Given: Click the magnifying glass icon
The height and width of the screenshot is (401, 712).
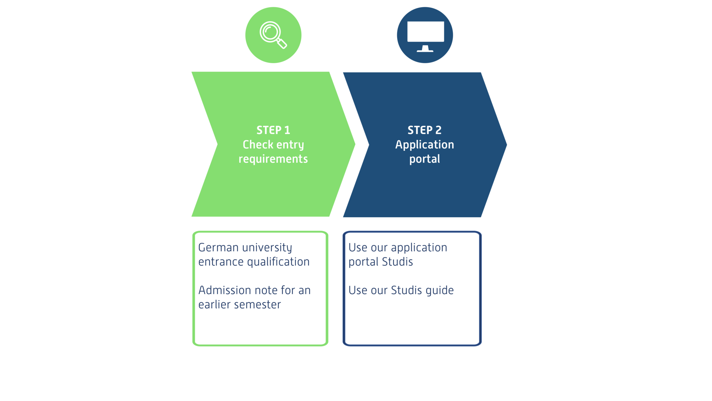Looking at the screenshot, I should click(x=273, y=35).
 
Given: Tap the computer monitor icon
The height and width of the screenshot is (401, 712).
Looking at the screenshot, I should click(x=425, y=33).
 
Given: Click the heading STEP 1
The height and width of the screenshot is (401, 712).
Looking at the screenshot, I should click(x=273, y=130).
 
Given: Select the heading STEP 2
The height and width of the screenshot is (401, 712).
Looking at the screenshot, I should click(x=425, y=130).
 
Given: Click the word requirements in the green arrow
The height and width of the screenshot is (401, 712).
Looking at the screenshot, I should click(x=273, y=159).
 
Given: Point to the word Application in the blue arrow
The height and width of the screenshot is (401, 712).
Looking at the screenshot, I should click(x=425, y=144).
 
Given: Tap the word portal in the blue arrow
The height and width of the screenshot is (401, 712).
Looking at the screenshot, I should click(x=425, y=159).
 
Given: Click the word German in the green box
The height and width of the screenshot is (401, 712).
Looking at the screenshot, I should click(x=218, y=248).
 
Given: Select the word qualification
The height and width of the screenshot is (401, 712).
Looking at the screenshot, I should click(x=278, y=262).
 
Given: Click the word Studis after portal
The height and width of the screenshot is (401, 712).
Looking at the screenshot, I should click(x=397, y=262).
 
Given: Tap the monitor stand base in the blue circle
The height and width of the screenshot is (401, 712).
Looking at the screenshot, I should click(x=425, y=51).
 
